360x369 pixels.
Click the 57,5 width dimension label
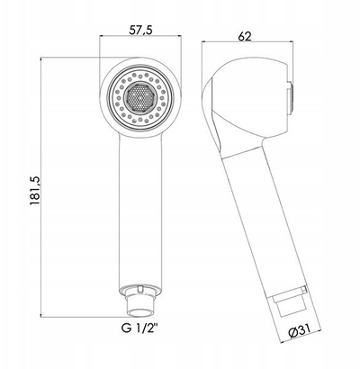click(141, 30)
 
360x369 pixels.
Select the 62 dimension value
click(245, 36)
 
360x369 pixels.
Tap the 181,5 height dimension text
click(35, 191)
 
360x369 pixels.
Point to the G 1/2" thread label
click(139, 328)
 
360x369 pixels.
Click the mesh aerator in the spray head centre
click(140, 97)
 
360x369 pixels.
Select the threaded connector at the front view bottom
click(140, 305)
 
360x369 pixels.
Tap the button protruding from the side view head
click(290, 97)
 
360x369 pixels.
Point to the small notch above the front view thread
click(139, 288)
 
